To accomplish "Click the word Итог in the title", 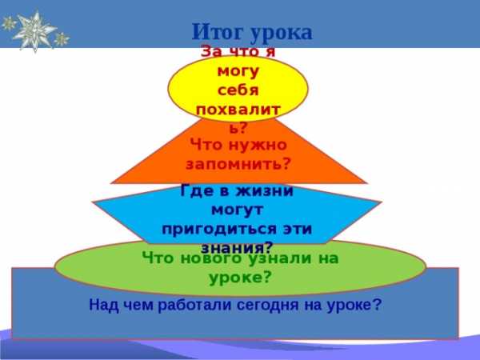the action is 219,32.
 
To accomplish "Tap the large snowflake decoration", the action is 34,30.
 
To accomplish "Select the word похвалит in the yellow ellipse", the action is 238,110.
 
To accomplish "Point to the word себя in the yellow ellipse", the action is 238,90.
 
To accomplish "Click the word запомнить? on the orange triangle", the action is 238,165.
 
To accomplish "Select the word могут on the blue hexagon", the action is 238,210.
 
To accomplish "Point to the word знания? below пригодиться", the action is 237,247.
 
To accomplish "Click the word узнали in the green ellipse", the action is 279,259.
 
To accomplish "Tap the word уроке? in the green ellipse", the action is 240,278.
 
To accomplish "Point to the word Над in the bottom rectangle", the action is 103,306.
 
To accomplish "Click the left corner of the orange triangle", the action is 111,183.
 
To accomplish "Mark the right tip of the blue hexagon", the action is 382,202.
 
